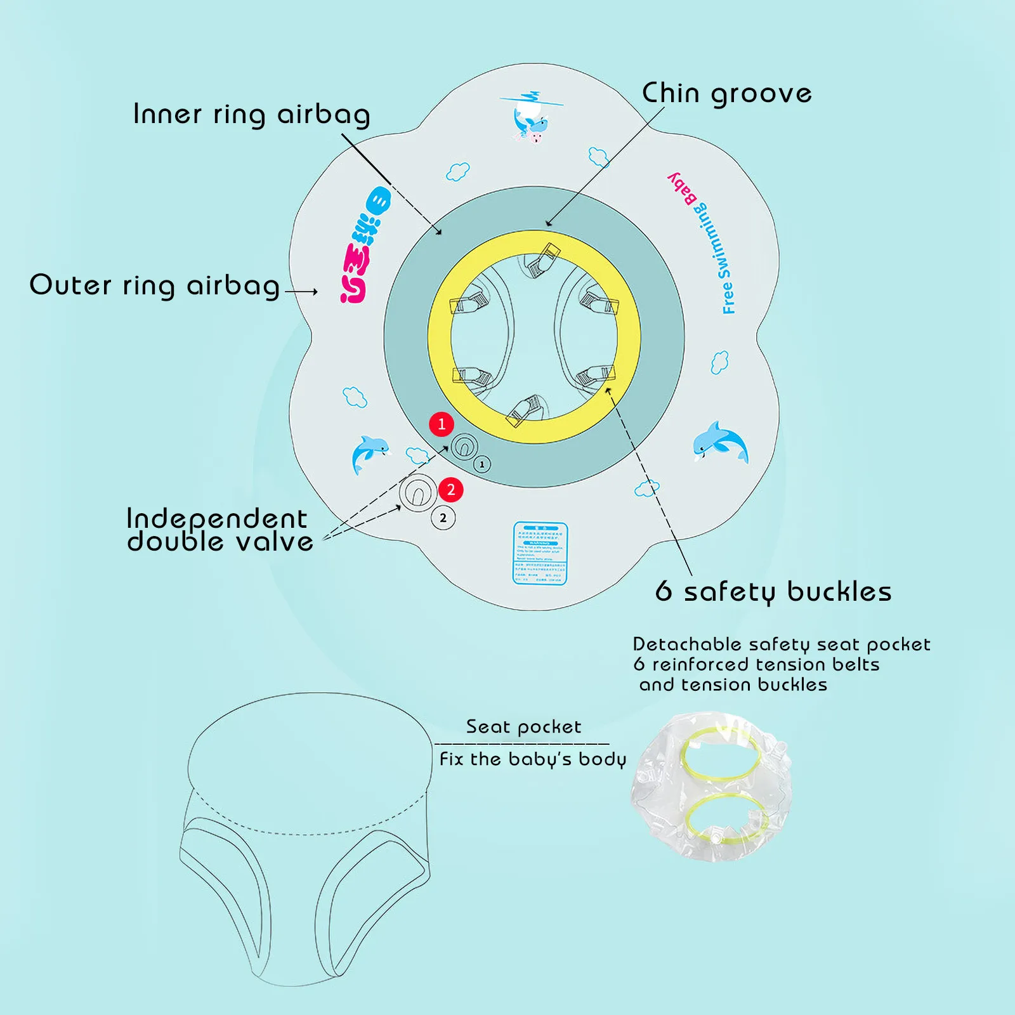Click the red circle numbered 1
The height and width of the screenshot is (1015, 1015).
(x=442, y=424)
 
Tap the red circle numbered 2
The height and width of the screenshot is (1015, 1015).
(x=451, y=490)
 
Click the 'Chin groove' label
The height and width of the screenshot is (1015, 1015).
(x=727, y=94)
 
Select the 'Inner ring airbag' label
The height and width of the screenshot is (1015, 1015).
(x=251, y=115)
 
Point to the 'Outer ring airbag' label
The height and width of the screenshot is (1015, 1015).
(x=155, y=285)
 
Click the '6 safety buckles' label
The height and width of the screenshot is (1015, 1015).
(x=773, y=592)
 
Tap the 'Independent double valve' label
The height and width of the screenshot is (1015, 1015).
(x=219, y=530)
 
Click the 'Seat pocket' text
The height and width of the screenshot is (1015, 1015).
(x=523, y=727)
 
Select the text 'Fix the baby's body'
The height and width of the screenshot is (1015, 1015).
(x=532, y=759)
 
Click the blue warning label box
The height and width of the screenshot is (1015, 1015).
(x=540, y=553)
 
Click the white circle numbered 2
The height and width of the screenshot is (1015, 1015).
(x=443, y=518)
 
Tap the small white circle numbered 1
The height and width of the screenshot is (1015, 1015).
(x=482, y=465)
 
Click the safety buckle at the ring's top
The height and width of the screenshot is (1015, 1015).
(x=543, y=260)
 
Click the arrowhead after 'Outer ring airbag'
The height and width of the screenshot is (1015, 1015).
(x=313, y=292)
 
